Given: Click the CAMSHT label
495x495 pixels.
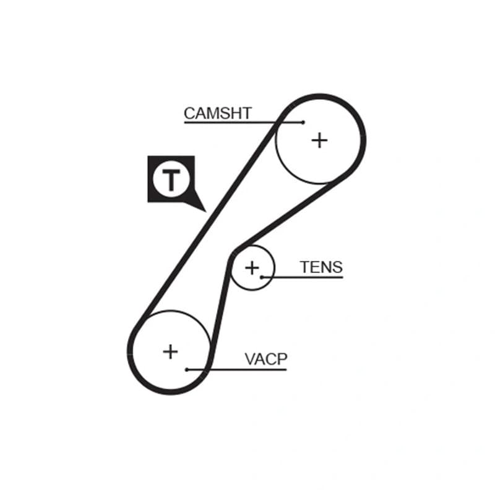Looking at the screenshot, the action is coord(218,113).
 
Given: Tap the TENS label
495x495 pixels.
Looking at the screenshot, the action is coord(321,267).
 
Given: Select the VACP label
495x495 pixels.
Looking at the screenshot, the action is coord(266,359).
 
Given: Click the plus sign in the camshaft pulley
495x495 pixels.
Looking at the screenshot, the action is coord(319,140).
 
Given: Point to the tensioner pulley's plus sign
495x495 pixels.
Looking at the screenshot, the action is coord(252,268).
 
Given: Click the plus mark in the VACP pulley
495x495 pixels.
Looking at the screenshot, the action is coord(171,351).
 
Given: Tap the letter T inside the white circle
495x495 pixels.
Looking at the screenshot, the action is coord(171,180).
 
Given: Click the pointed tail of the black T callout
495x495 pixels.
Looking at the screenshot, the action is coord(206,212).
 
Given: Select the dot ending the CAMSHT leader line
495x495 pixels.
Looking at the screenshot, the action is coord(303,122).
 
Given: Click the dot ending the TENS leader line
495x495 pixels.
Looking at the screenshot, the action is coord(262,277).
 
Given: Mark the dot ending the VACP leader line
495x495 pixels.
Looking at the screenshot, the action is coord(187,369).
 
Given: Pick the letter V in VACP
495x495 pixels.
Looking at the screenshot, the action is coord(251,359).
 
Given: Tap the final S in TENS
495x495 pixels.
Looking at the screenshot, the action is coord(337,267).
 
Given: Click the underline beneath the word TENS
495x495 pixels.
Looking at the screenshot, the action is coord(303,277).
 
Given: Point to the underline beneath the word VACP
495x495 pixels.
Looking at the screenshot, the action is coord(237,369).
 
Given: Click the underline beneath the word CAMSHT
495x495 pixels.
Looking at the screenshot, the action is coord(243,122).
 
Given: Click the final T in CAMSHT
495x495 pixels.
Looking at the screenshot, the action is coord(246,113).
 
